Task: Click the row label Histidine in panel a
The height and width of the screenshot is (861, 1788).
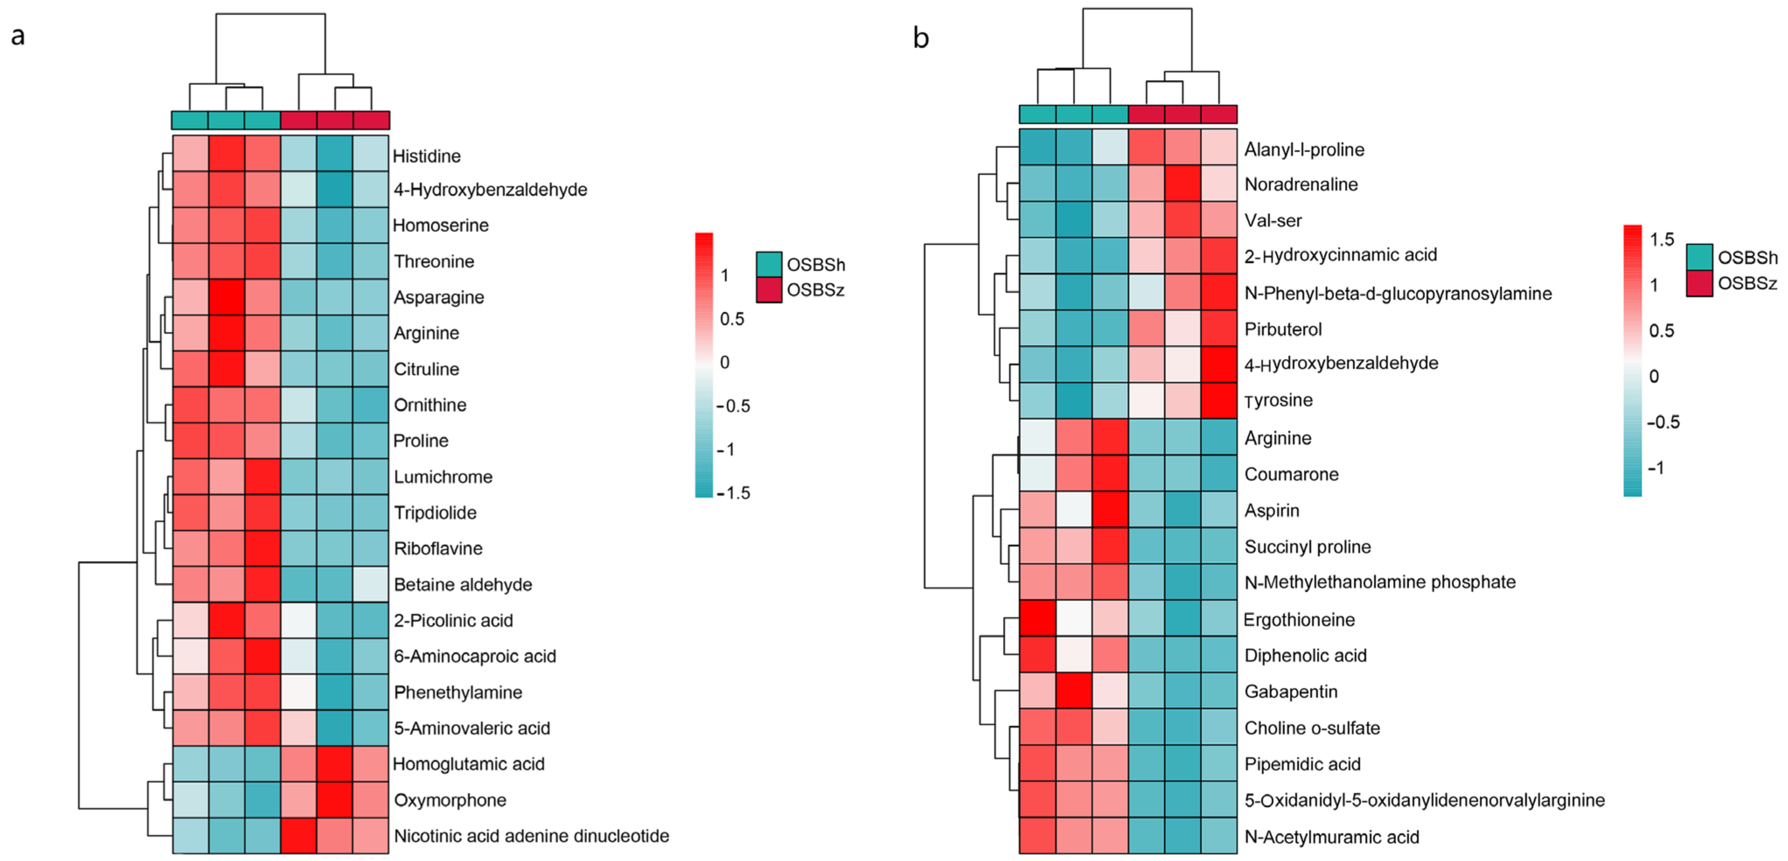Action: pos(426,156)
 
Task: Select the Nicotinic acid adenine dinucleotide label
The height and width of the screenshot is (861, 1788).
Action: pos(531,836)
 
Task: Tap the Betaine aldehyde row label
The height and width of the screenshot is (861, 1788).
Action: pos(462,584)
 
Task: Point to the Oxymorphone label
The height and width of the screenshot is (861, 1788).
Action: pos(450,800)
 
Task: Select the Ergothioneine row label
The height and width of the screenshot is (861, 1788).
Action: pos(1298,619)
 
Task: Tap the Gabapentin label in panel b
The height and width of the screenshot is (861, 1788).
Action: pos(1290,692)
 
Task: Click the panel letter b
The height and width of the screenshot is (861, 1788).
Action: pos(920,38)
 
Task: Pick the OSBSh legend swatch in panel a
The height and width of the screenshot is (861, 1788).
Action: pos(768,264)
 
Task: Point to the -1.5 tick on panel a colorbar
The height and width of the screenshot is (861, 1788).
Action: pos(734,493)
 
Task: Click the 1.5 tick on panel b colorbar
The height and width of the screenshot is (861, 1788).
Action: pos(1662,240)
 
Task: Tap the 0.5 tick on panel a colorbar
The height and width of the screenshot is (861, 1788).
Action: pos(732,318)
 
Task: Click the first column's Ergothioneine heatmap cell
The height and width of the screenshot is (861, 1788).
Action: pos(1037,619)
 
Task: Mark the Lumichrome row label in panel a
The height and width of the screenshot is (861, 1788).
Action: pos(443,477)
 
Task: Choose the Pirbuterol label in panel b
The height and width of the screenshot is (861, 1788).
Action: pos(1283,329)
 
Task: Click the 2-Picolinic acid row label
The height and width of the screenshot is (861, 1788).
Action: pos(453,621)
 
